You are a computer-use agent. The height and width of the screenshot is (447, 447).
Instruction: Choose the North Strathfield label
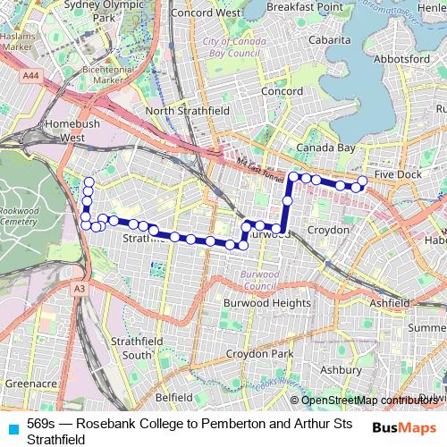pos(188,110)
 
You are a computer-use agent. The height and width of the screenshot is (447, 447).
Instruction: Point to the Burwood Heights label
pos(266,303)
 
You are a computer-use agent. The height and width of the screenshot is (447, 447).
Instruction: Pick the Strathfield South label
pos(131,349)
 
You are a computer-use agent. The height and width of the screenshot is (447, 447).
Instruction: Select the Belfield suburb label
pos(174,396)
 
